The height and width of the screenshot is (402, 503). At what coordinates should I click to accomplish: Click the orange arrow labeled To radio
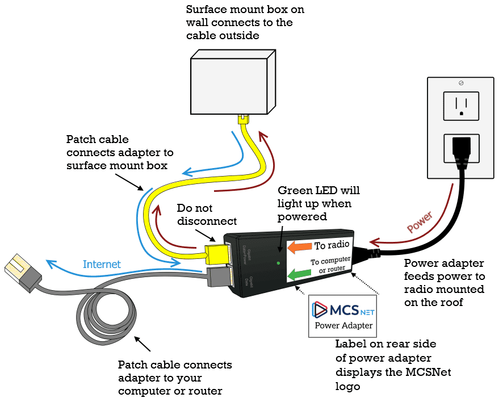tap(299, 247)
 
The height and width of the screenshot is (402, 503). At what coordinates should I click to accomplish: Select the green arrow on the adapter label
tap(299, 275)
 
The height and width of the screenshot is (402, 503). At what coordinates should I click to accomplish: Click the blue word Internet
tap(102, 264)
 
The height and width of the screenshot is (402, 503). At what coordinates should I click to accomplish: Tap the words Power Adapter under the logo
tap(343, 325)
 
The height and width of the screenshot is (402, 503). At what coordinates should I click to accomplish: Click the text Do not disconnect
tap(207, 214)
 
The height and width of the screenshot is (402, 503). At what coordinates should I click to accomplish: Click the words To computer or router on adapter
tap(330, 265)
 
